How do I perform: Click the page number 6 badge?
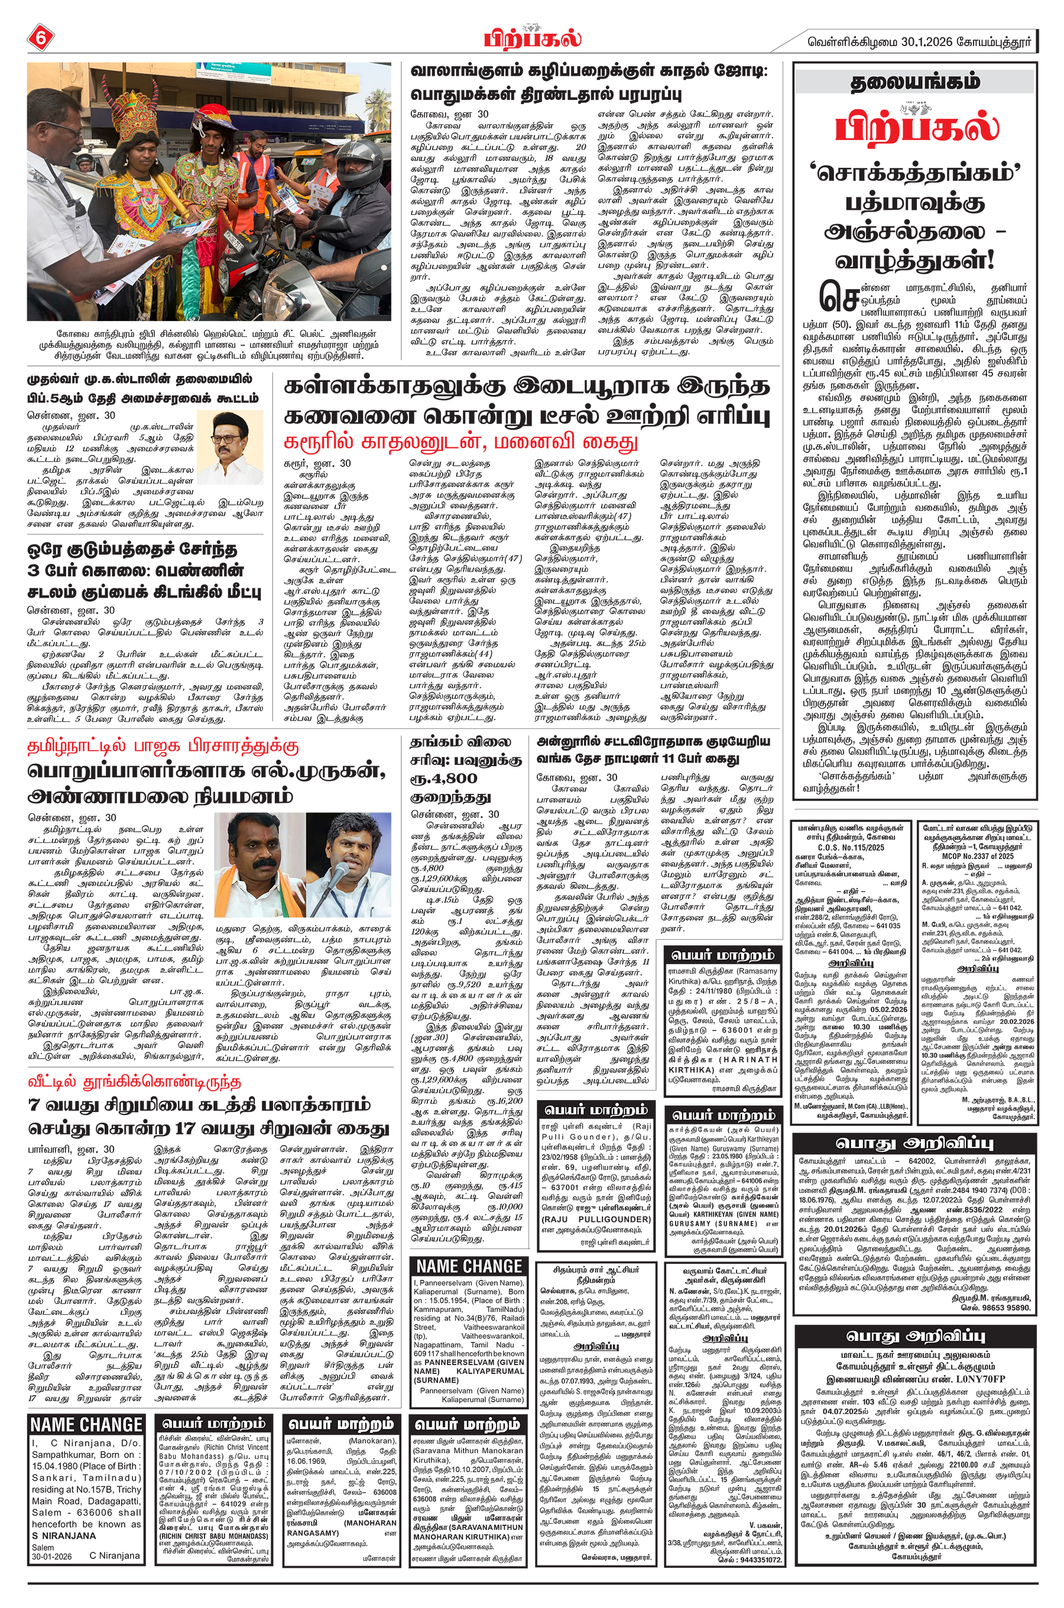(x=40, y=38)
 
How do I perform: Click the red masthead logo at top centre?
(x=532, y=37)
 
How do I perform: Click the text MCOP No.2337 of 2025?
(x=978, y=856)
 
